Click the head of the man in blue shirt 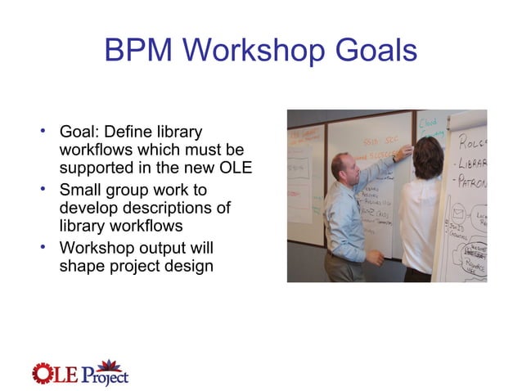(x=343, y=167)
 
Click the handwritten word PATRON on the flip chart (x=473, y=180)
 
